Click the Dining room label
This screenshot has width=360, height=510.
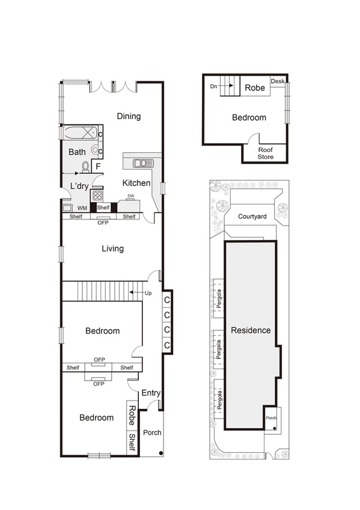tap(129, 116)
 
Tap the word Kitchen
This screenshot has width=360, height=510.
tap(136, 183)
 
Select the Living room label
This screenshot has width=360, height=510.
tap(112, 248)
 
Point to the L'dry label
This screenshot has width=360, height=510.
tap(80, 186)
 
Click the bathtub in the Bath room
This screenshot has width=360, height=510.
tap(78, 133)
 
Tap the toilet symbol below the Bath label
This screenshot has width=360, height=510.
tap(86, 167)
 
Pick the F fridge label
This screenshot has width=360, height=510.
tap(98, 167)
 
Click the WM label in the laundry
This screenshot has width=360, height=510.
tap(83, 208)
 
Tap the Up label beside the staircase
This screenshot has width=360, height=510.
tap(148, 293)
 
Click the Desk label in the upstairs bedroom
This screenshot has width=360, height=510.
tap(277, 81)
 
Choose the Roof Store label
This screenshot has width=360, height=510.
tap(265, 153)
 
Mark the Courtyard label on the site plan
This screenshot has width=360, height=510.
tap(252, 216)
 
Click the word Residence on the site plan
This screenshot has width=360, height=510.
tap(251, 330)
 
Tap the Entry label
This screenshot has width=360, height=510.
tap(150, 393)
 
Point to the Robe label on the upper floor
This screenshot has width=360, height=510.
tap(254, 87)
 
